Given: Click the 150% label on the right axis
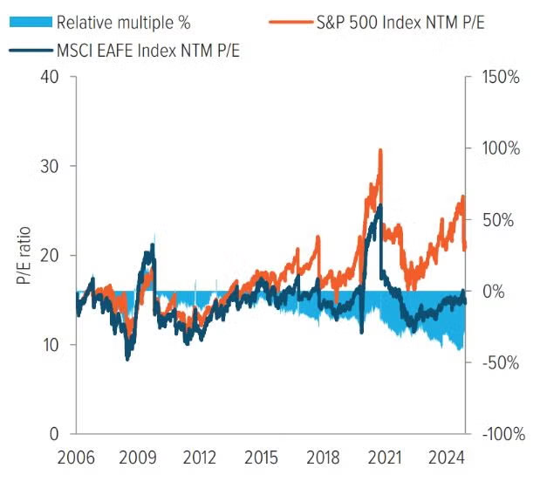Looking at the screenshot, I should coord(501,77).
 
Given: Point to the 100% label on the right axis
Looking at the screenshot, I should coord(501,148).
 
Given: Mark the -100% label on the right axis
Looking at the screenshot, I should coord(497,434).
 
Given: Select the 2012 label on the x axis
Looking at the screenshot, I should coord(200,458).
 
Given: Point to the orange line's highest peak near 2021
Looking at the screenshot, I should coord(380,151).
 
